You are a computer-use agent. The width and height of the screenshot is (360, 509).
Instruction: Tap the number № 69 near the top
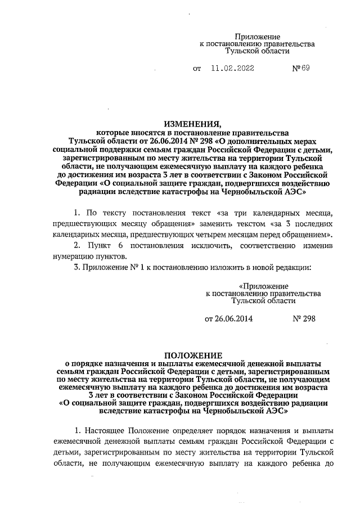click(301, 69)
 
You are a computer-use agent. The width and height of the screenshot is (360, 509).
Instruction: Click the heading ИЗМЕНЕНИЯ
click(192, 124)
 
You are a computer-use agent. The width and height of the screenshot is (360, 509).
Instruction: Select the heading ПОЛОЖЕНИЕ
click(193, 355)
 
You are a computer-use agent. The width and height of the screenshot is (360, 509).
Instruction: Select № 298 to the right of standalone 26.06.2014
click(304, 318)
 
